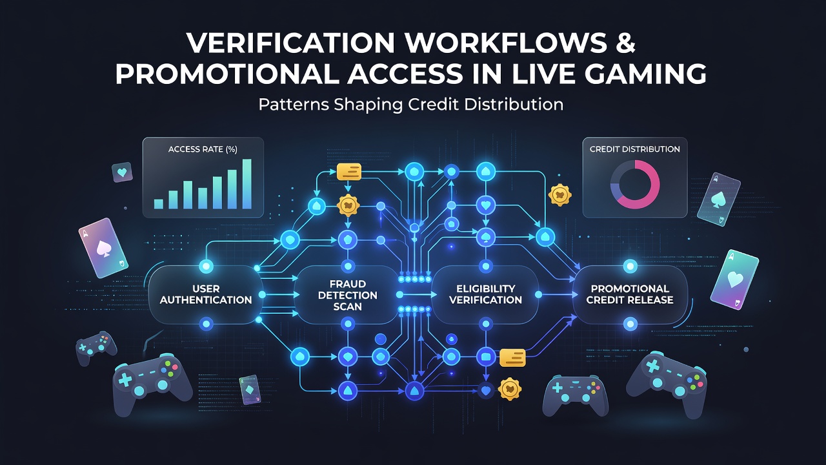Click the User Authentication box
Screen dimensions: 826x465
point(205,294)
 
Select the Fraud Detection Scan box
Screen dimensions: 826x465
point(347,295)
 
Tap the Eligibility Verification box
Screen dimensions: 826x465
point(485,294)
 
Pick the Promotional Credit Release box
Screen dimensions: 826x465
point(630,294)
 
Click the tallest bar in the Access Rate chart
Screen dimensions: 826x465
point(247,184)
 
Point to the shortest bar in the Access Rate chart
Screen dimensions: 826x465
point(159,204)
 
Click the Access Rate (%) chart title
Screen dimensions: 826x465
point(203,149)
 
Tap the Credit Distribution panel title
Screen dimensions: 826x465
point(634,149)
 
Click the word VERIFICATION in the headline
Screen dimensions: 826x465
point(291,43)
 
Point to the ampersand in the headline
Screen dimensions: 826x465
point(624,43)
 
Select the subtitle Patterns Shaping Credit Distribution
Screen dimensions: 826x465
point(411,105)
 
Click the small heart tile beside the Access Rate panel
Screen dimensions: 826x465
point(122,172)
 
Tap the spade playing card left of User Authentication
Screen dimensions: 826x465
point(103,247)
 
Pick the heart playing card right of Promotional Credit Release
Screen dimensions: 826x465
point(734,280)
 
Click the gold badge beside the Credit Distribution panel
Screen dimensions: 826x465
point(559,194)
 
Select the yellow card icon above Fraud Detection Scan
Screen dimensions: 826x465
point(349,172)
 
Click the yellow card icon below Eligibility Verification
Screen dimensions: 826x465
point(512,358)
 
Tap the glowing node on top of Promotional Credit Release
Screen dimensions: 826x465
point(630,266)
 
